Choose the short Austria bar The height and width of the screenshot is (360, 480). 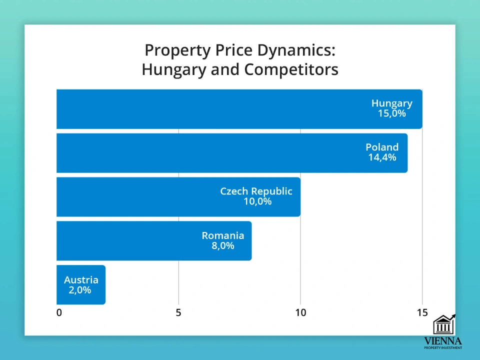81,284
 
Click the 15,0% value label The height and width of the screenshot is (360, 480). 392,113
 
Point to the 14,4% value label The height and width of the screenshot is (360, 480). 382,157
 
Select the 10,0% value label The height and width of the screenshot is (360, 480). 257,201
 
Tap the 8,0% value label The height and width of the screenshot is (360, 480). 223,245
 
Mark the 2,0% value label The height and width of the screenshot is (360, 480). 80,289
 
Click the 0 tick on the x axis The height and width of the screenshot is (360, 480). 59,313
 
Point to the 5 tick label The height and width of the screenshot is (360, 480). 178,313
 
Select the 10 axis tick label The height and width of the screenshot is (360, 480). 300,313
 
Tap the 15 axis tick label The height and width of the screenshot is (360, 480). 422,313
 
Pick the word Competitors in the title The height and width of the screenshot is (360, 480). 291,69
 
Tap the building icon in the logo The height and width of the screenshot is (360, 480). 443,324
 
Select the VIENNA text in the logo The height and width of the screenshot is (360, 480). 443,340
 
